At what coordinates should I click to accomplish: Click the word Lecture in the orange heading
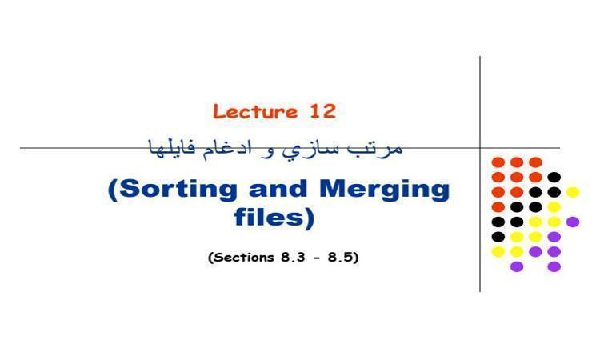pos(255,111)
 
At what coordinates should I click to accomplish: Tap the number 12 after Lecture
pos(322,111)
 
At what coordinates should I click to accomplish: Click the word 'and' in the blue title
pos(278,189)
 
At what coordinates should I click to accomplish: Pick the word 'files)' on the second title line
pos(274,218)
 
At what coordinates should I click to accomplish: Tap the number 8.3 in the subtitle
pos(293,257)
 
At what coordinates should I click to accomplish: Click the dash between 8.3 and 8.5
pos(316,258)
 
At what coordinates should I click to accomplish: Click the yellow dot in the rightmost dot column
pos(573,192)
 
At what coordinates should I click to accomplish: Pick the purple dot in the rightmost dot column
pos(573,222)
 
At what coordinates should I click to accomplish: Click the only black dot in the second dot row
pos(554,177)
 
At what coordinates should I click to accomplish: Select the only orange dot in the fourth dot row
pos(498,207)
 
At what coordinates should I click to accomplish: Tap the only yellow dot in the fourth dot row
pos(554,207)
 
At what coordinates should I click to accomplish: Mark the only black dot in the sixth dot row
pos(498,237)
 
